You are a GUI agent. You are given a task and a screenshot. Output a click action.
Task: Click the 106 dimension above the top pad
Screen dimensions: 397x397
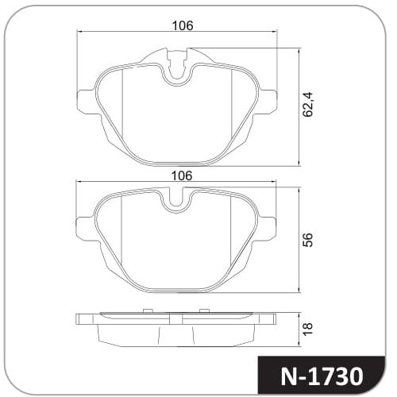coord(183,25)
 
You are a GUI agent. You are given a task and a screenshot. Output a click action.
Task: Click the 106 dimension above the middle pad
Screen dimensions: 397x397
coord(182,175)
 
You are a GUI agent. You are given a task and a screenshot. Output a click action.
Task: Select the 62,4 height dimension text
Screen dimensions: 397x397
coord(308,104)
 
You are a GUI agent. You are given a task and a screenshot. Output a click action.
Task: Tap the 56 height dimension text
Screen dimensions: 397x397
coord(308,240)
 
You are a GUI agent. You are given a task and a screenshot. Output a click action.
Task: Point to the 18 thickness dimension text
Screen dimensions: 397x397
coord(308,330)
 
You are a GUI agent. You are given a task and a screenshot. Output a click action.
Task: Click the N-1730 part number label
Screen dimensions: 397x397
coord(322,376)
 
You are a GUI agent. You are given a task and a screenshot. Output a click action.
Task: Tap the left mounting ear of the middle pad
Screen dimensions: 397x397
coord(85,229)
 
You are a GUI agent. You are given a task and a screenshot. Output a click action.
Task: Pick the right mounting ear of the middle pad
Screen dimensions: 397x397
coord(267,229)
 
